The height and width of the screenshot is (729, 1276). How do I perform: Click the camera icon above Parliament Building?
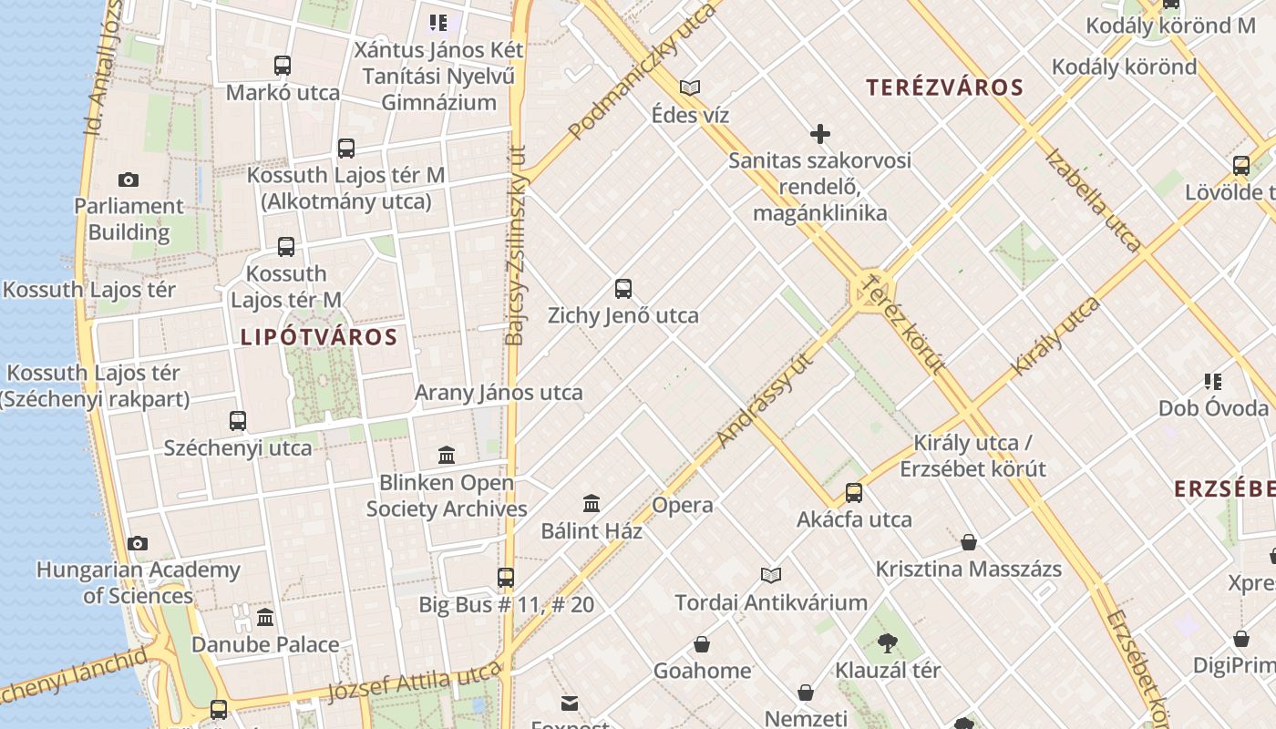[129, 180]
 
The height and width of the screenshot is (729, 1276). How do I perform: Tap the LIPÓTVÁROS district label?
[319, 337]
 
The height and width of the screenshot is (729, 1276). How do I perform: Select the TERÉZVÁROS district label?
[945, 87]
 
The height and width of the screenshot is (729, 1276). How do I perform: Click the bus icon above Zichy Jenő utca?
[623, 289]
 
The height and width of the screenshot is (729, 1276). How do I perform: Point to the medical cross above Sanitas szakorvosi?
[820, 135]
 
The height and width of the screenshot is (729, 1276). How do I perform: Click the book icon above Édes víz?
[690, 88]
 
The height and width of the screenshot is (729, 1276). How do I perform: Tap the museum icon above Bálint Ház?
[592, 503]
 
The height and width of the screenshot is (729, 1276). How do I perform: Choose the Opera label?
[683, 505]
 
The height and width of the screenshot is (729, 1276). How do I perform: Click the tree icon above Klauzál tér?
[888, 643]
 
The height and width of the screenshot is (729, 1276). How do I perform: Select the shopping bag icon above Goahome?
[702, 644]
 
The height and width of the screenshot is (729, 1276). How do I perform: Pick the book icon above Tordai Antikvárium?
[771, 575]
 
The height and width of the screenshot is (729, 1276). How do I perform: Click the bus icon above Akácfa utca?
[854, 493]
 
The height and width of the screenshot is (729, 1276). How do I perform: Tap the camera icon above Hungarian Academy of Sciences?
[138, 543]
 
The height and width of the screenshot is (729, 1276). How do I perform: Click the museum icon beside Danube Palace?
[265, 618]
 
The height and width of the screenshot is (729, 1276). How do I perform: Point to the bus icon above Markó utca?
[283, 66]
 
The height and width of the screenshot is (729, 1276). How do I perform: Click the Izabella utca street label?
[1092, 200]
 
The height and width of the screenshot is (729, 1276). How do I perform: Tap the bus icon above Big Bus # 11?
[506, 578]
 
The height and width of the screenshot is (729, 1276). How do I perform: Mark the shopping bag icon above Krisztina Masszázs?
[969, 542]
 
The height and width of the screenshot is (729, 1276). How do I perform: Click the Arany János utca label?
[499, 393]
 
